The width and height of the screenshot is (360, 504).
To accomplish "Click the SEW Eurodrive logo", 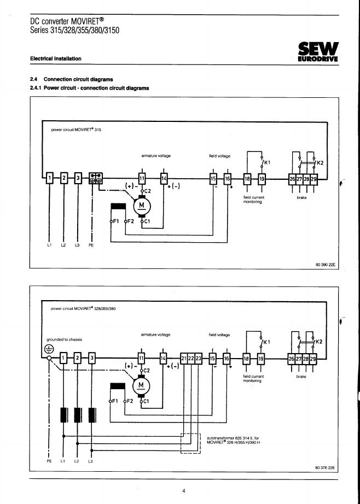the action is (x=318, y=52).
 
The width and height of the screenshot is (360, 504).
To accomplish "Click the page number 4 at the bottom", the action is (x=184, y=491).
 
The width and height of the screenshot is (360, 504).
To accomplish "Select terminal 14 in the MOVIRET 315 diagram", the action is (x=164, y=178).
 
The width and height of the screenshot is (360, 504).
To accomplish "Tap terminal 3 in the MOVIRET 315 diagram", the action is (x=78, y=178).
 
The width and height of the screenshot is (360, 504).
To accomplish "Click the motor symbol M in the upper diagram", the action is (x=142, y=206).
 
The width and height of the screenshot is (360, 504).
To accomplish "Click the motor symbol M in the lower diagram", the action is (x=141, y=385).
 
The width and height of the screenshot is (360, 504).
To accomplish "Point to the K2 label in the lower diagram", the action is (x=319, y=342).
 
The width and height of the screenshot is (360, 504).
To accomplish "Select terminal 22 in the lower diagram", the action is (x=191, y=359).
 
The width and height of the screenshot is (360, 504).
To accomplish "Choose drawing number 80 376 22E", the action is (x=324, y=468).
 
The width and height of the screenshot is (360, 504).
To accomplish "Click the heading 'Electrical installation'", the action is (x=56, y=58).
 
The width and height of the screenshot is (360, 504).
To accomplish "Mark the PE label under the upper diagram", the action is (x=91, y=245).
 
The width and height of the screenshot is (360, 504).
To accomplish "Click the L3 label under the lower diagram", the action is (x=90, y=461).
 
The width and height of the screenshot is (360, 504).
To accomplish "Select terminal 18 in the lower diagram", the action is (x=246, y=359).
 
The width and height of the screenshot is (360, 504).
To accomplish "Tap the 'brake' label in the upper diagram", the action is (x=302, y=198).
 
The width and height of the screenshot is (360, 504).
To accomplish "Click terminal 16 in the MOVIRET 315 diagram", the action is (x=228, y=179).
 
